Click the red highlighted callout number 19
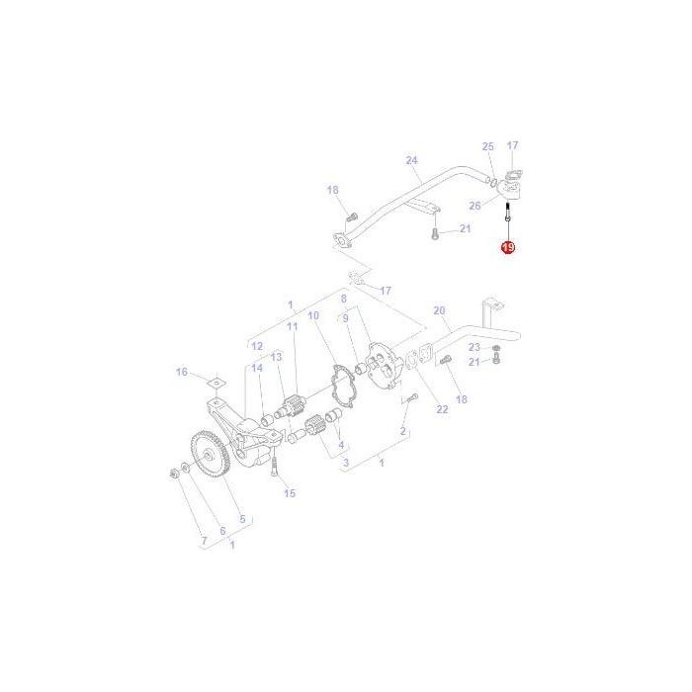click(507, 247)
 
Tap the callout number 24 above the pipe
click(412, 160)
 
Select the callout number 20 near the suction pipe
click(440, 309)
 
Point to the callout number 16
click(181, 372)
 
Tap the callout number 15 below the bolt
click(290, 492)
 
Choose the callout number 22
click(442, 409)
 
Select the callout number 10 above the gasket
click(313, 315)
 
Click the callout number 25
click(487, 146)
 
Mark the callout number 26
click(475, 206)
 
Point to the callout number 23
click(475, 347)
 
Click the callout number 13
click(277, 356)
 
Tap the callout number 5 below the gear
click(241, 518)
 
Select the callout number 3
click(345, 462)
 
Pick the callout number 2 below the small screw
click(403, 432)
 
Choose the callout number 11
click(292, 326)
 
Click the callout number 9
click(345, 318)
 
